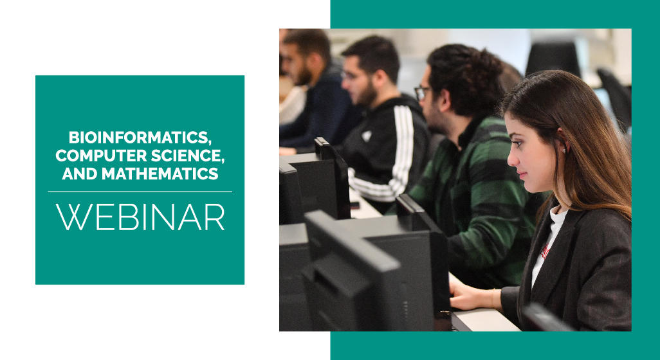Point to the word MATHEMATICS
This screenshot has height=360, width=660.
(x=160, y=174)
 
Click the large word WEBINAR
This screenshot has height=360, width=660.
(x=140, y=217)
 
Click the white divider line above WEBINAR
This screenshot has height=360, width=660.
(x=140, y=192)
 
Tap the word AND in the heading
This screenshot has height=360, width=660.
(x=80, y=174)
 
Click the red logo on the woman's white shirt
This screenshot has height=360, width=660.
(x=545, y=252)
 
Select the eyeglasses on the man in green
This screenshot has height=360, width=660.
(x=422, y=93)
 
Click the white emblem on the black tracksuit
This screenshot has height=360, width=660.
(x=367, y=136)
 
